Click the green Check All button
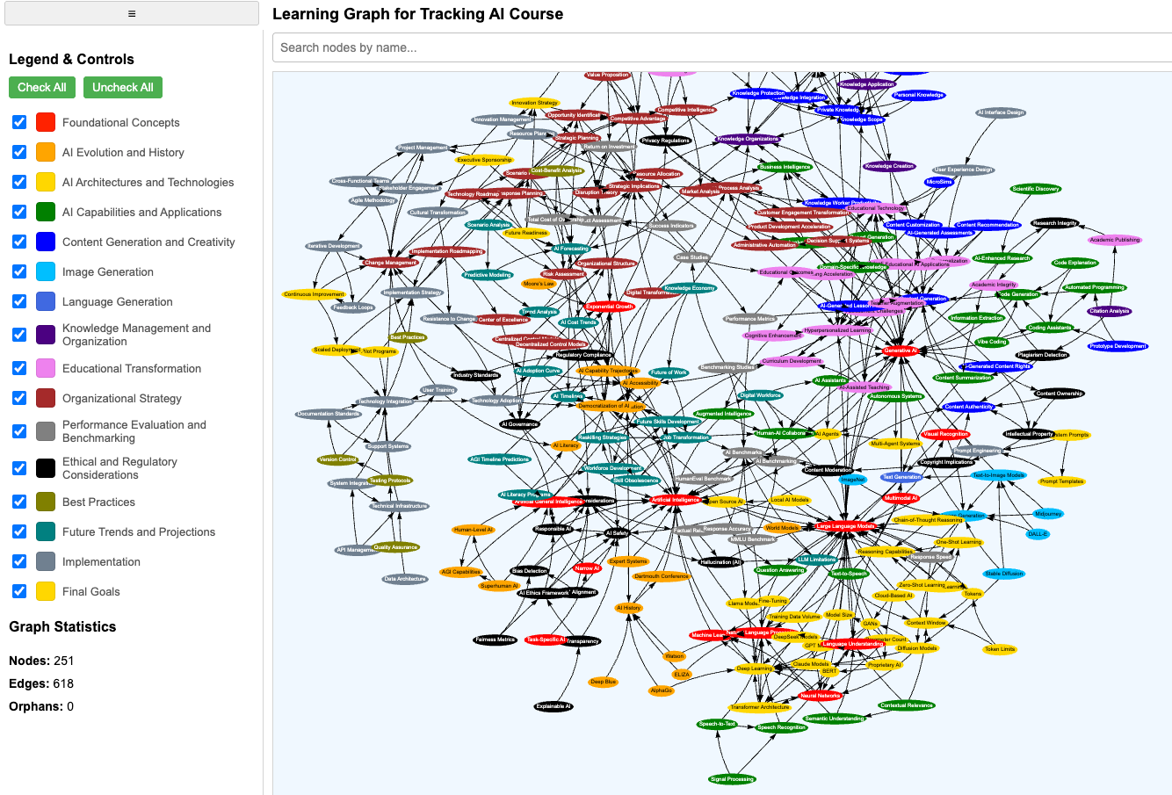41,88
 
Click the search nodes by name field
720,47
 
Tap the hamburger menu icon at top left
132,13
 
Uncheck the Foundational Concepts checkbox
19,122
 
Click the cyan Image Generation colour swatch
46,271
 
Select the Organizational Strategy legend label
121,398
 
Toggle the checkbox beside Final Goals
19,591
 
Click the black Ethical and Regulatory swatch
46,468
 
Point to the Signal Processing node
732,778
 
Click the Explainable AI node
553,706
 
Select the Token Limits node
1000,649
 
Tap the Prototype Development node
1118,346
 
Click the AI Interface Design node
1001,112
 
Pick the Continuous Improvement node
314,294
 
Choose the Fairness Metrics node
495,640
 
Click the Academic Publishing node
1114,240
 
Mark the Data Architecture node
405,579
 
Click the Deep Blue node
603,682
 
